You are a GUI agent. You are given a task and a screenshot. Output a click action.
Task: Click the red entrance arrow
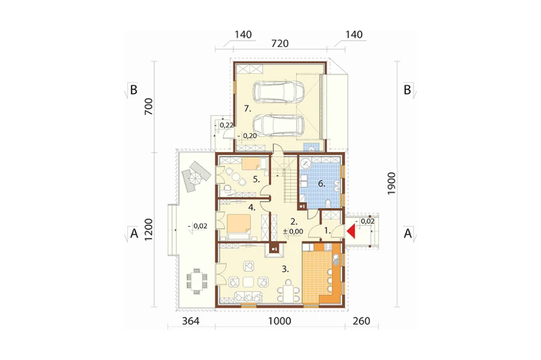tap(351, 231)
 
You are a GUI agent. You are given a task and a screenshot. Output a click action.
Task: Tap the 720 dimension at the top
tap(280, 44)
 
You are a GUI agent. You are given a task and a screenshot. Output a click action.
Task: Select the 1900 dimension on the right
tap(391, 183)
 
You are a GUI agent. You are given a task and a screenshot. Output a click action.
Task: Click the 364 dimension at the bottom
tap(191, 321)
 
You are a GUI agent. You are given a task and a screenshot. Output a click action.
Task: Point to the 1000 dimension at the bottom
tap(280, 321)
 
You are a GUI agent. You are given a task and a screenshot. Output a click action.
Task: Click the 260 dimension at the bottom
tap(361, 321)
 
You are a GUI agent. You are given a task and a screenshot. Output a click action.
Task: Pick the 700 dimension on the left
tap(148, 106)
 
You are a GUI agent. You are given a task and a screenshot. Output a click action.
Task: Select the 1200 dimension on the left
tap(148, 230)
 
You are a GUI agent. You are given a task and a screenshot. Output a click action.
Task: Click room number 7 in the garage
tap(247, 109)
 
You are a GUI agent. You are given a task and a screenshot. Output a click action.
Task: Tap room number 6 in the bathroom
tap(321, 184)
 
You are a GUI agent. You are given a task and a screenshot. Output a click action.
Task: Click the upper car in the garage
tap(279, 92)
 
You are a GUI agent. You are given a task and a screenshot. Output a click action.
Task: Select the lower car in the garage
tap(279, 126)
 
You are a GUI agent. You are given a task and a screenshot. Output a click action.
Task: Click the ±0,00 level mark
tap(293, 232)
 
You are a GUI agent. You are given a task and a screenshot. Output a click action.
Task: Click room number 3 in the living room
tap(285, 269)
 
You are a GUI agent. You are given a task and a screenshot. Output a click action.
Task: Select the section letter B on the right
tap(407, 90)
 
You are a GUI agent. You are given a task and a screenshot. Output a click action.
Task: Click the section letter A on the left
tap(134, 234)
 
